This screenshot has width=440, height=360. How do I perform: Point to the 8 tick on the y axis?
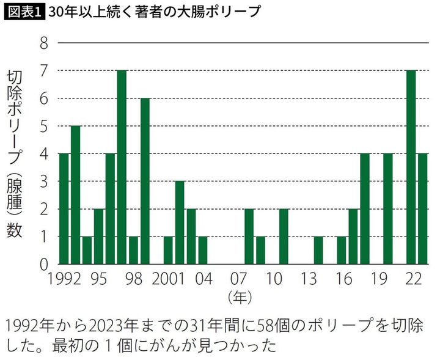pyautogui.click(x=43, y=43)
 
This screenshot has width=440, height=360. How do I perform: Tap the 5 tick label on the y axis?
pyautogui.click(x=43, y=127)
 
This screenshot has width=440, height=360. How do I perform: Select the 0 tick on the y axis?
pyautogui.click(x=43, y=265)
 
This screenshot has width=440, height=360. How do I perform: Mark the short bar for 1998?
pyautogui.click(x=133, y=251)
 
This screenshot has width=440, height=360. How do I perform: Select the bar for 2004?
pyautogui.click(x=203, y=251)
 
